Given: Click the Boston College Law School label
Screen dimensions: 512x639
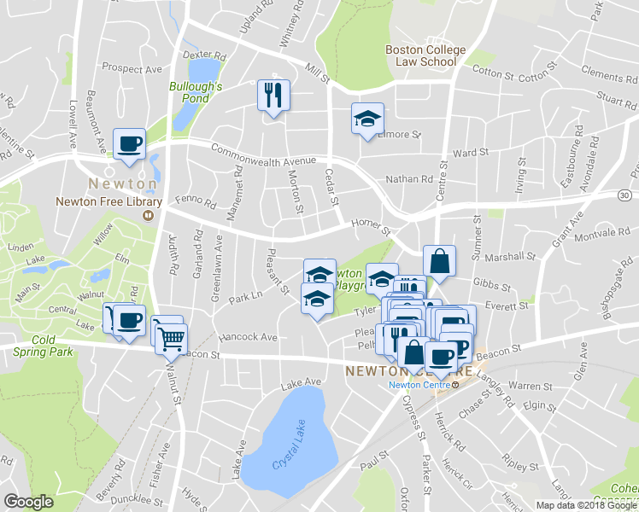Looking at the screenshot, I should [x=425, y=55].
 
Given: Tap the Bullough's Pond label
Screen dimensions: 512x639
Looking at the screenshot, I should [x=196, y=92].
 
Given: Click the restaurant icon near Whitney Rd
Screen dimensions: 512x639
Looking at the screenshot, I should [x=273, y=95].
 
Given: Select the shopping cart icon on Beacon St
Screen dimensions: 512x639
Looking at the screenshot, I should [x=170, y=338].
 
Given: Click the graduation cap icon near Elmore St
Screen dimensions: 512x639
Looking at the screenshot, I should [x=367, y=119].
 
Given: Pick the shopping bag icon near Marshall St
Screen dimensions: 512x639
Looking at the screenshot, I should [x=438, y=262].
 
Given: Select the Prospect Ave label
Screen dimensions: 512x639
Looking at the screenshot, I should [x=132, y=67].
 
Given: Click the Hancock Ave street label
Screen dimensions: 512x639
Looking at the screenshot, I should [x=247, y=337].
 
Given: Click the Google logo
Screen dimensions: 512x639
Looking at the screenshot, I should [x=28, y=502].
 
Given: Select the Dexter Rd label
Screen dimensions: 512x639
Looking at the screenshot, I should [x=202, y=53].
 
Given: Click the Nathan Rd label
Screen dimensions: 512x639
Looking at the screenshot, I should [x=409, y=179].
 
